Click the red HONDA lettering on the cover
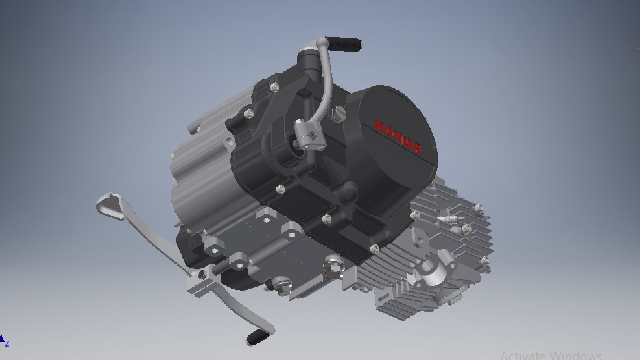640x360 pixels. (398, 137)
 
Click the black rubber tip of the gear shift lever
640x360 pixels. (259, 337)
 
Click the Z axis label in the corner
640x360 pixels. (7, 343)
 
